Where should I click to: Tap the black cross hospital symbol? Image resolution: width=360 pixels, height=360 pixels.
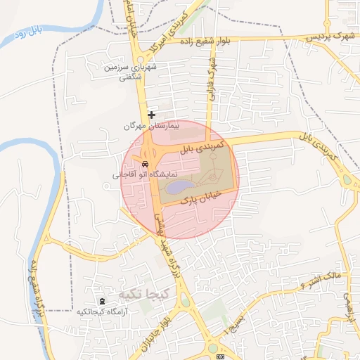click(x=151, y=115)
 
